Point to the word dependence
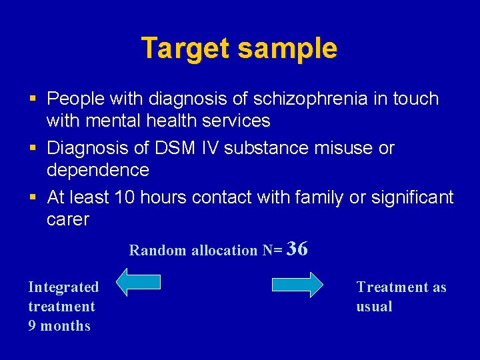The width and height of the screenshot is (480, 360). pos(97,170)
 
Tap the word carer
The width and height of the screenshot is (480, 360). pos(67,219)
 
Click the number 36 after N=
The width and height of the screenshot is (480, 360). pos(298,249)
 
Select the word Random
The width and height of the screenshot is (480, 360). pos(158,251)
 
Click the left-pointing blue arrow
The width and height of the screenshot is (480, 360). pos(139,283)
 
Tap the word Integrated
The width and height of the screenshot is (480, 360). pos(63,287)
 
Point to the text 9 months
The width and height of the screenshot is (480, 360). pos(59,326)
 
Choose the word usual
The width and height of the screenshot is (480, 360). pos(374,307)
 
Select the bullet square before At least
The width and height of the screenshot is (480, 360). pos(33,198)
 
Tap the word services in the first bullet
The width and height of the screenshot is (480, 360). pos(236,121)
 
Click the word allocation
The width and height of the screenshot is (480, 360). pos(225,251)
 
